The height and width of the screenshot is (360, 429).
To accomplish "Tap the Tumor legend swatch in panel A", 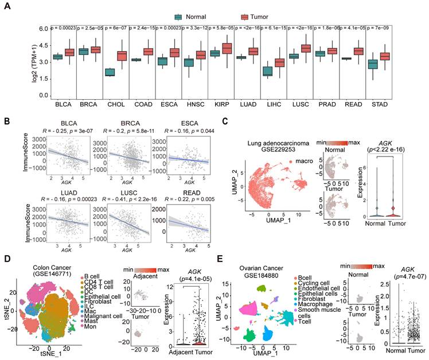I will click(227, 17).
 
